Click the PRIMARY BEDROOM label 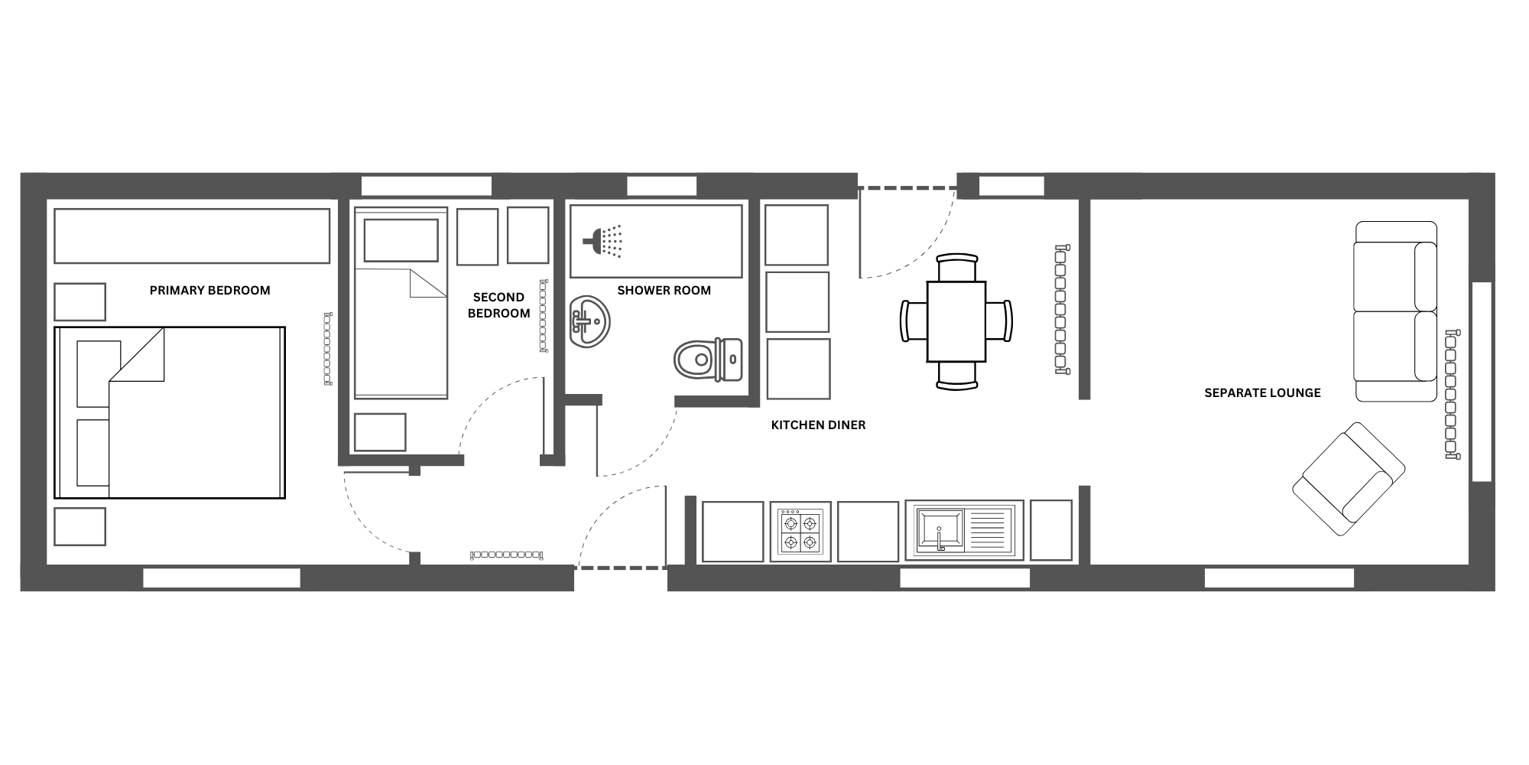click(x=209, y=291)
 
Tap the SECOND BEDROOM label click(x=498, y=305)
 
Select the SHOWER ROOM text click(x=664, y=291)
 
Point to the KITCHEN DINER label click(x=818, y=425)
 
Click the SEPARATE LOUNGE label click(x=1262, y=393)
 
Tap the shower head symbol click(x=603, y=241)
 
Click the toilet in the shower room click(x=708, y=360)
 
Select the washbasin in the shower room click(x=590, y=322)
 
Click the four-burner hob click(x=800, y=531)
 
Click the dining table click(x=956, y=321)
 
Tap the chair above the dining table click(x=956, y=268)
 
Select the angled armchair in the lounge click(x=1349, y=479)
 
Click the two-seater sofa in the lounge click(x=1396, y=311)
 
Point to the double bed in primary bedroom click(x=170, y=413)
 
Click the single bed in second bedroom click(x=401, y=304)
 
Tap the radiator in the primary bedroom click(x=328, y=348)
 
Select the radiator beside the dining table click(x=1061, y=309)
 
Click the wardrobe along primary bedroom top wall click(x=192, y=236)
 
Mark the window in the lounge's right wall click(x=1482, y=382)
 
